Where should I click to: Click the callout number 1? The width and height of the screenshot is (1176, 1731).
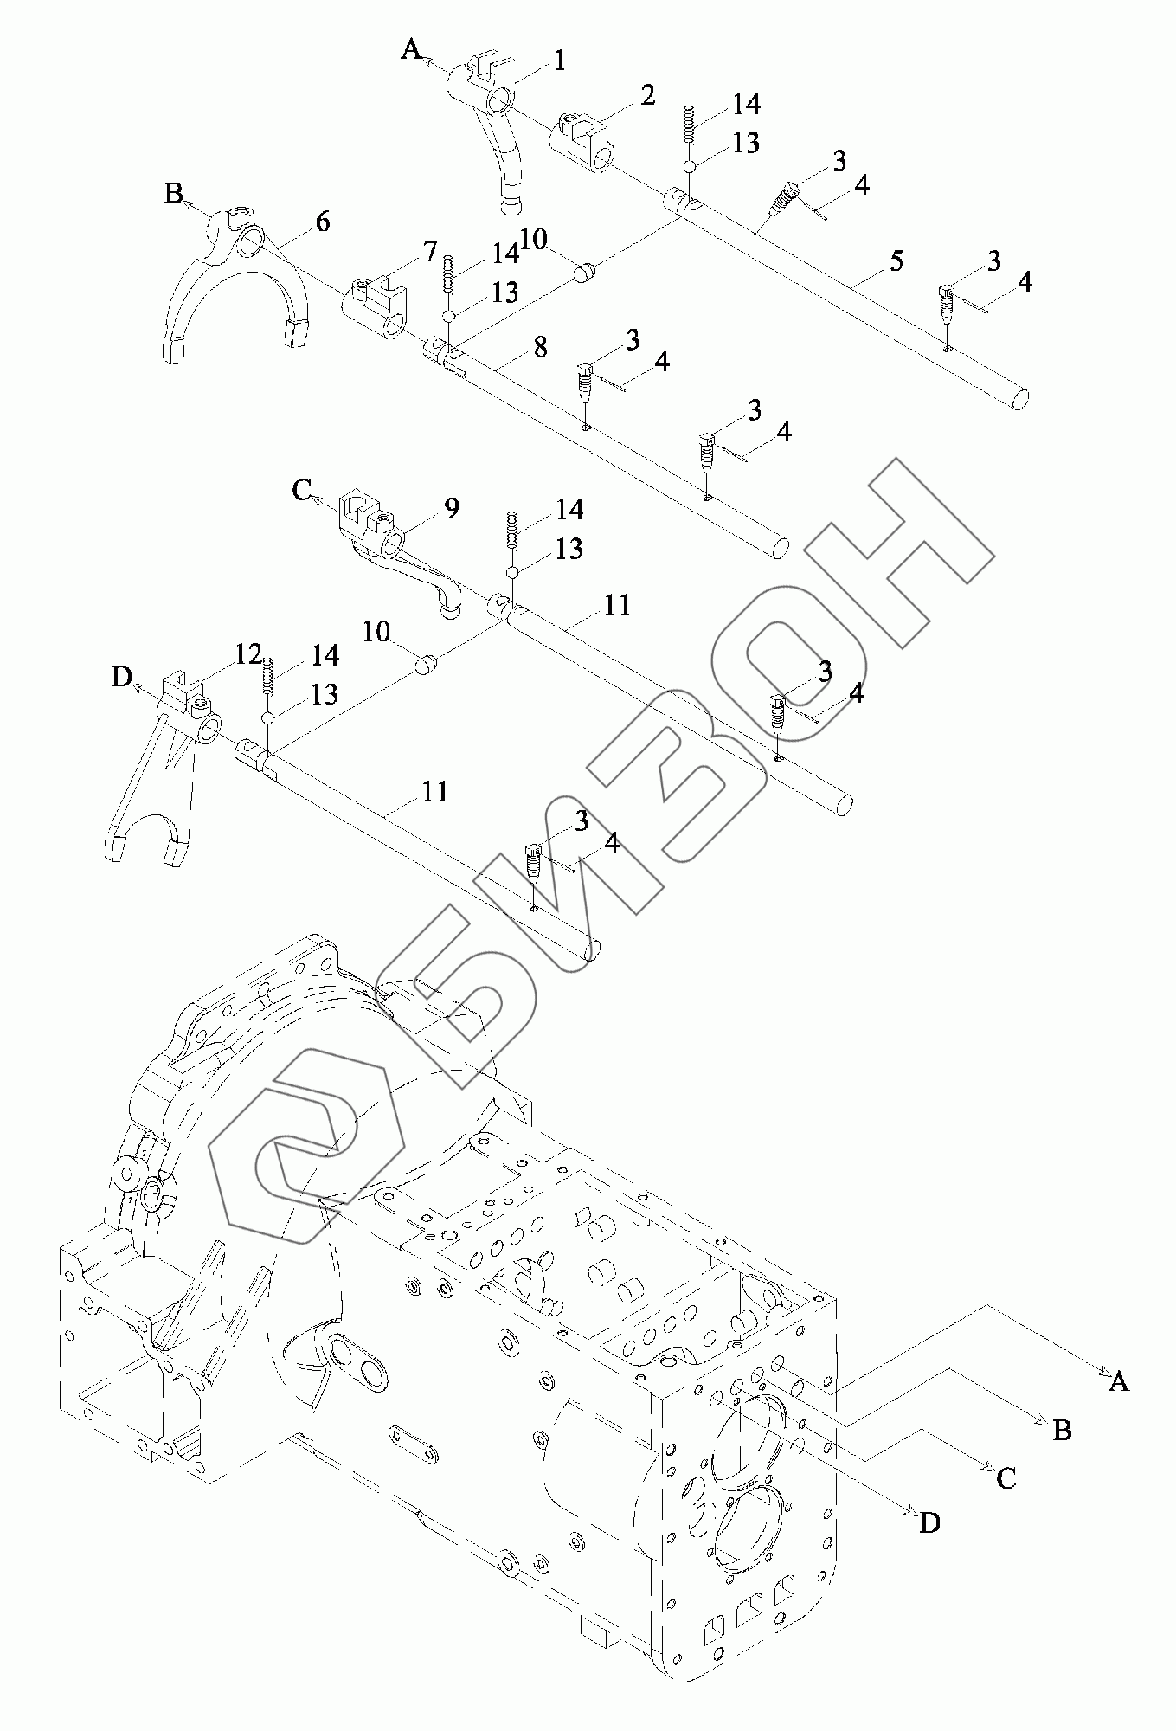(560, 61)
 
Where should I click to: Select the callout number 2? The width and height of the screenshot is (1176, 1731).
(648, 95)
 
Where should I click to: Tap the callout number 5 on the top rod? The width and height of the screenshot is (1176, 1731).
(896, 260)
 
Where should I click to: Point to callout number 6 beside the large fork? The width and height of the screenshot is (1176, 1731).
(323, 222)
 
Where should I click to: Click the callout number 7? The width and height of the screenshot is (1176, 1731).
(430, 252)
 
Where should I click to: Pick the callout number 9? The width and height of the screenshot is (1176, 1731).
(452, 508)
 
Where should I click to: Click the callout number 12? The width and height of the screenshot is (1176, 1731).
(248, 654)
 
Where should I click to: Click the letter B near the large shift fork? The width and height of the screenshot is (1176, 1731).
(174, 193)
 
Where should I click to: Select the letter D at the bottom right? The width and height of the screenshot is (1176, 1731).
(929, 1523)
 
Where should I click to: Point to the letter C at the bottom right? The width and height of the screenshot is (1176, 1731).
(1006, 1477)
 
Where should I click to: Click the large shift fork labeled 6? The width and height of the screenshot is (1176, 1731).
(232, 294)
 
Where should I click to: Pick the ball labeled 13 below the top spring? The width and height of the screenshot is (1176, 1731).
(691, 166)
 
